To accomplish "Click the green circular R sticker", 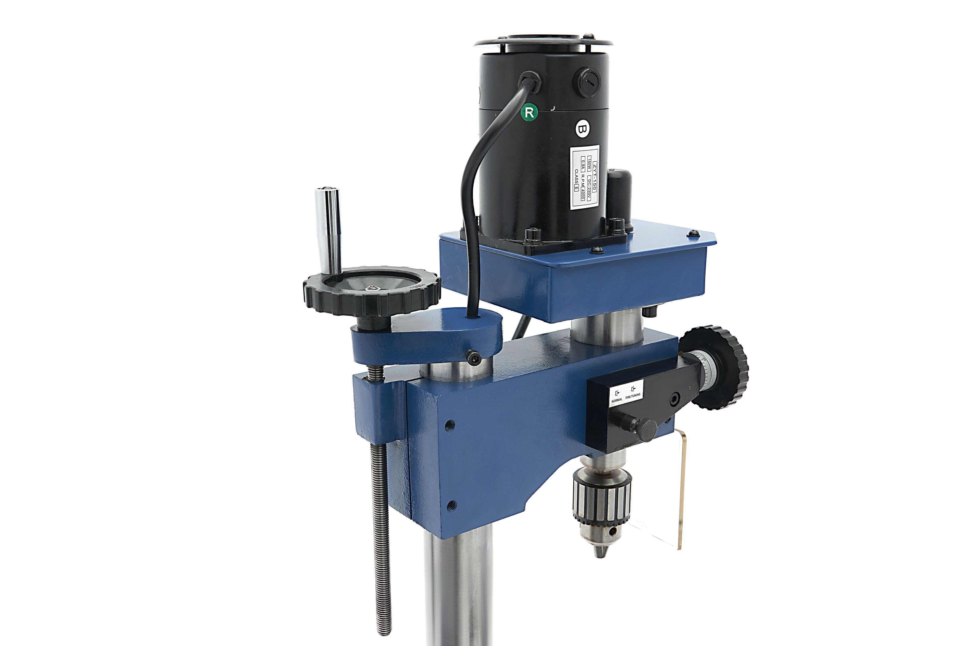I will pyautogui.click(x=529, y=112).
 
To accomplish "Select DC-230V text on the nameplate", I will pyautogui.click(x=589, y=190).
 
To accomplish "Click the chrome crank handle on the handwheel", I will pyautogui.click(x=328, y=231).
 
